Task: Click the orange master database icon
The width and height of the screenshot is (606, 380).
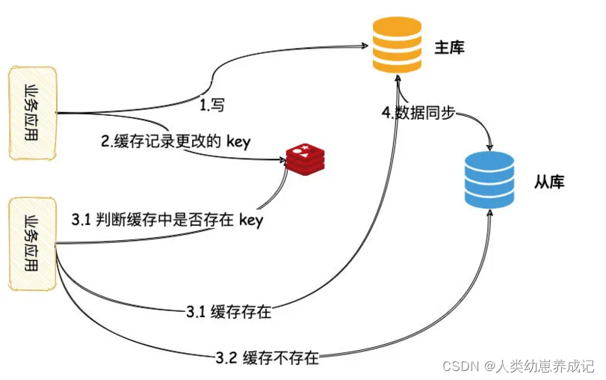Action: [397, 47]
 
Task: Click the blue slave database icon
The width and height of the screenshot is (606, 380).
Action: [489, 180]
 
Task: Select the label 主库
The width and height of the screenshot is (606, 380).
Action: [449, 48]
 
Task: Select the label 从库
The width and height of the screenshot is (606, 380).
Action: [548, 182]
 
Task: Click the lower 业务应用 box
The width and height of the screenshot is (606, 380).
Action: [33, 243]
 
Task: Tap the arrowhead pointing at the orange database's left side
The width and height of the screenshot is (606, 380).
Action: [366, 43]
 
